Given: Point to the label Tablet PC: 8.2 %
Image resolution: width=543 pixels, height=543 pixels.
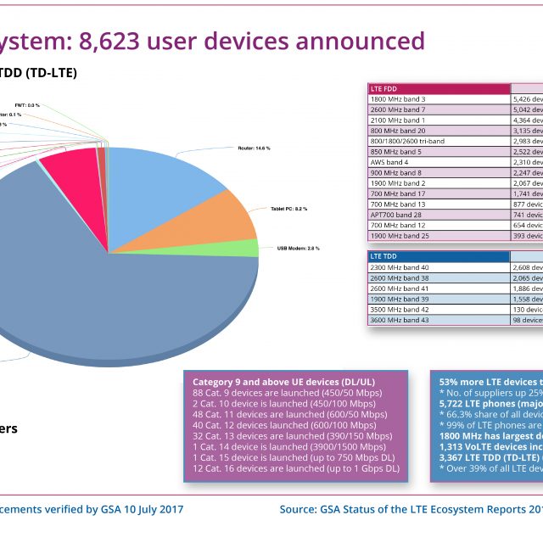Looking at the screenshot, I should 288,208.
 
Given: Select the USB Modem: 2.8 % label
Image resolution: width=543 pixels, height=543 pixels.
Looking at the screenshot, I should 300,249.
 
